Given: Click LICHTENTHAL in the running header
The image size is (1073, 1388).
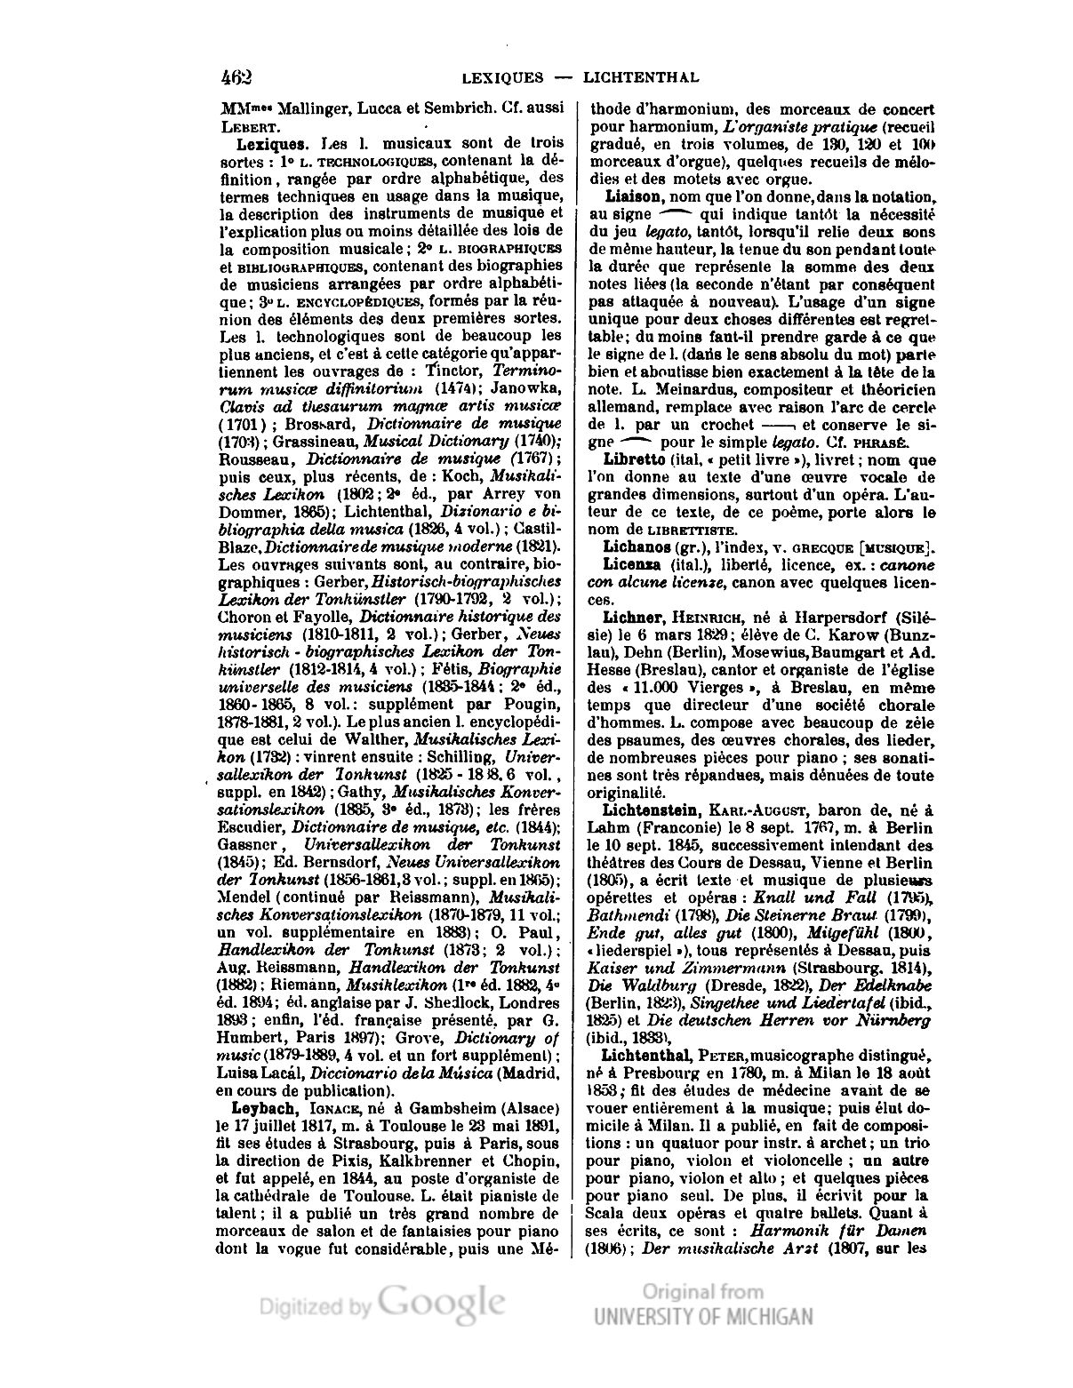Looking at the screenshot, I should pyautogui.click(x=640, y=77).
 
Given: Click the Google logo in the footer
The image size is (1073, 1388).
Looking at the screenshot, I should pyautogui.click(x=441, y=1305).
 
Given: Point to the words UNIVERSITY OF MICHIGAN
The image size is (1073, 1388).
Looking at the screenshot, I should pyautogui.click(x=702, y=1317).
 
